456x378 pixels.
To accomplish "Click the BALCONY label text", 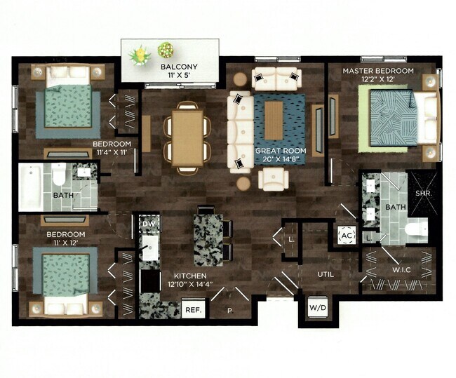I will pyautogui.click(x=178, y=67).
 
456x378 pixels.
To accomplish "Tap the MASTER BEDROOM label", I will pyautogui.click(x=377, y=71).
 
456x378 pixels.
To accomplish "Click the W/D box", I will pyautogui.click(x=313, y=306).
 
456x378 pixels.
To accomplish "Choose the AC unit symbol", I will pyautogui.click(x=346, y=236).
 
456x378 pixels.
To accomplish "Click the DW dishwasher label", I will pyautogui.click(x=148, y=224).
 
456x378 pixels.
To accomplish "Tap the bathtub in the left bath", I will pyautogui.click(x=31, y=187).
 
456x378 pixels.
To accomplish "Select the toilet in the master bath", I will pyautogui.click(x=414, y=229).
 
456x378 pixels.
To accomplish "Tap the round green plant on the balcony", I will pyautogui.click(x=166, y=50).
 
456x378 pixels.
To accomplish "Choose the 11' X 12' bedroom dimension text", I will pyautogui.click(x=65, y=243).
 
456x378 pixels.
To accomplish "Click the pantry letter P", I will pyautogui.click(x=229, y=309).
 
